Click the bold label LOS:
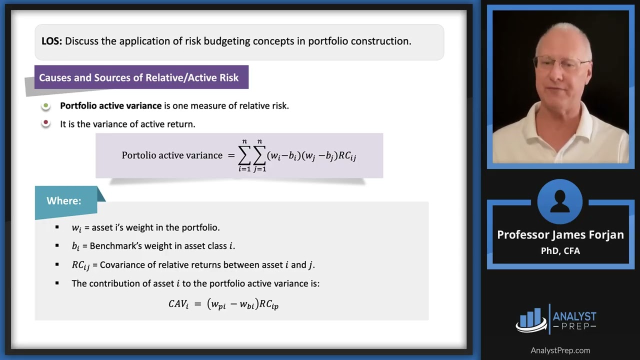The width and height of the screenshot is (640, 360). (x=51, y=41)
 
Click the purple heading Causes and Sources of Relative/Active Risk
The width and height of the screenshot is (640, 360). (x=139, y=77)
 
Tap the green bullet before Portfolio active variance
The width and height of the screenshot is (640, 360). (x=46, y=106)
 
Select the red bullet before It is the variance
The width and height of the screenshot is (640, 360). (x=46, y=123)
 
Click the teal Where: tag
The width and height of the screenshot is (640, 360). (x=64, y=200)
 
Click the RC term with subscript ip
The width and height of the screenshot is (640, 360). (x=268, y=303)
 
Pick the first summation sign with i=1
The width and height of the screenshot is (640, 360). (x=244, y=156)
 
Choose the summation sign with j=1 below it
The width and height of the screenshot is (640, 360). (x=259, y=156)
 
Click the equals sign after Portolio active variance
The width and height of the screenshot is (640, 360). (x=231, y=155)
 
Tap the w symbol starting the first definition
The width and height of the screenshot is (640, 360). (x=76, y=228)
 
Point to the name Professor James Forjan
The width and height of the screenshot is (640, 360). (x=560, y=234)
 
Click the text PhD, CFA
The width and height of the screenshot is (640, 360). (x=560, y=250)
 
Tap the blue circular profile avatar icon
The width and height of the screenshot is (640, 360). (x=560, y=202)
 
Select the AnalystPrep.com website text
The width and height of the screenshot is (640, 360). (x=560, y=350)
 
